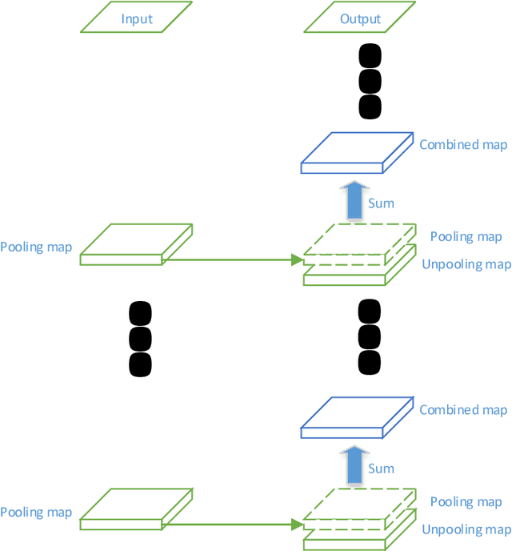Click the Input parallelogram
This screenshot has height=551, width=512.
[137, 18]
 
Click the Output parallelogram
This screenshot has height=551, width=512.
[361, 18]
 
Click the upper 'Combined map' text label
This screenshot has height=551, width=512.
[463, 145]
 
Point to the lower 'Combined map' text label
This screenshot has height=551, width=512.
[463, 410]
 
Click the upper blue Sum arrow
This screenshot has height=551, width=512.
[354, 201]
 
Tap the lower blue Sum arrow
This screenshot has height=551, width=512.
[354, 466]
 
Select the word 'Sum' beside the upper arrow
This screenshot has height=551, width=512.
[381, 203]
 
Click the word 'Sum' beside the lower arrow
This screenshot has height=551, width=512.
[381, 469]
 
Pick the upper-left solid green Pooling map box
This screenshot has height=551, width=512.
[137, 243]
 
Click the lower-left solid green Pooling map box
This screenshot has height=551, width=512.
[137, 509]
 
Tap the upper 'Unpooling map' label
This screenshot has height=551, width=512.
[466, 264]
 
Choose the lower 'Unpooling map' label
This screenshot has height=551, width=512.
[466, 529]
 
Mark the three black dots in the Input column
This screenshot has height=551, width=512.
[140, 338]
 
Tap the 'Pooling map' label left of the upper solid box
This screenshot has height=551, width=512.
[36, 247]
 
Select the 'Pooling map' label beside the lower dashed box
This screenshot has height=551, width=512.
[466, 501]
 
